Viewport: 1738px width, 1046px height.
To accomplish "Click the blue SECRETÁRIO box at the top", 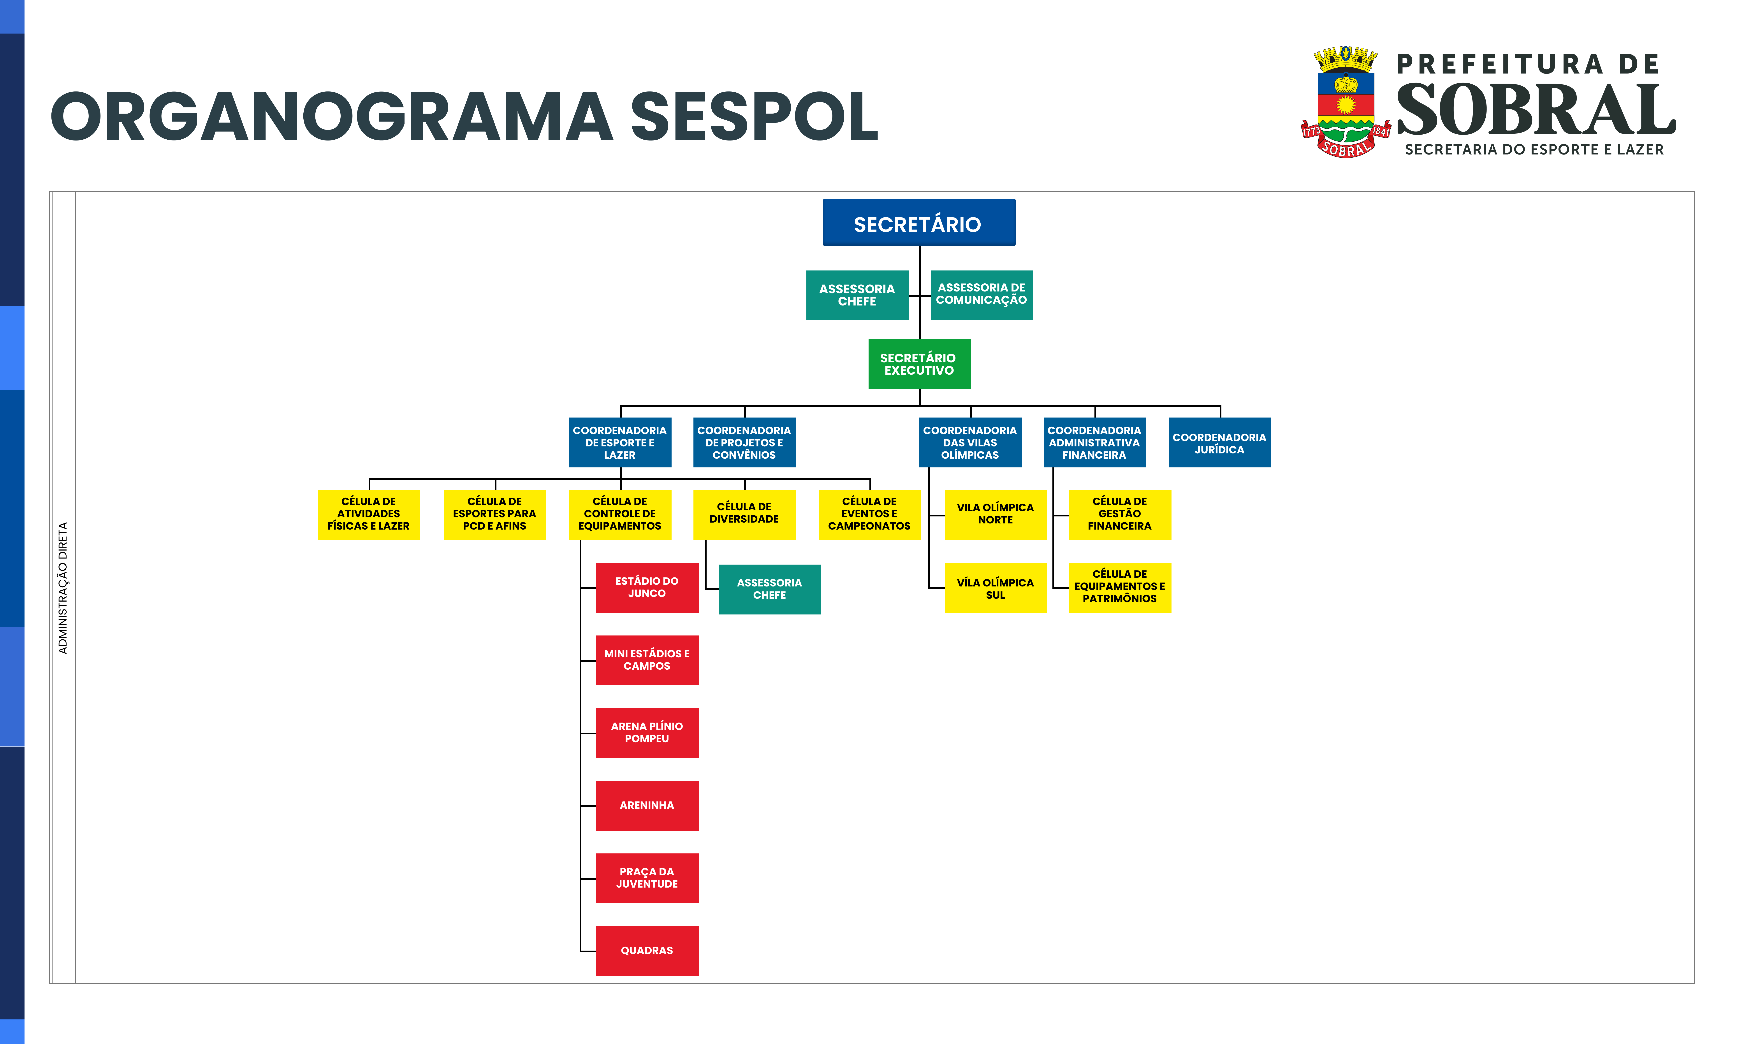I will [x=919, y=223].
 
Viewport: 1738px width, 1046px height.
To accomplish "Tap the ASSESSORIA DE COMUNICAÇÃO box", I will [x=982, y=295].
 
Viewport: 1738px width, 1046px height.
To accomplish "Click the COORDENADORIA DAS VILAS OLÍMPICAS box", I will [x=970, y=443].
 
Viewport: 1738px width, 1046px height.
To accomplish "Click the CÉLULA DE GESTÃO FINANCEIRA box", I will [x=1120, y=514].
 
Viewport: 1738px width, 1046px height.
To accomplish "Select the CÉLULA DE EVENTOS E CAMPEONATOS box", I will [x=869, y=514].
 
